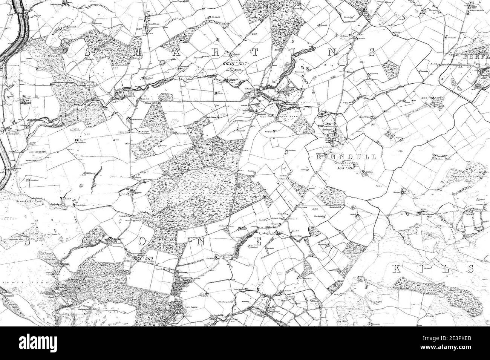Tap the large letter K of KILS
click(x=397, y=269)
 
